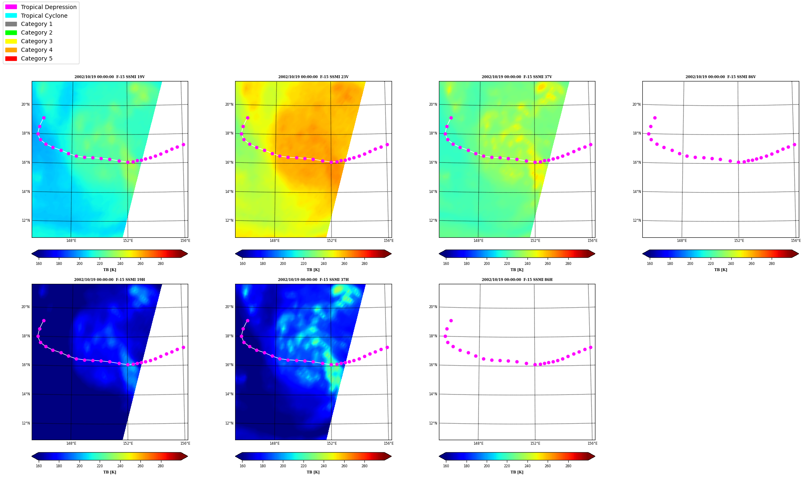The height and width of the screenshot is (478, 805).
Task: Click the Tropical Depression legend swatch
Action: pos(11,7)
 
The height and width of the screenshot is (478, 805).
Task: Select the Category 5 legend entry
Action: pos(29,58)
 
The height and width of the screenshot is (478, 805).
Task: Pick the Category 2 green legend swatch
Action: pos(11,32)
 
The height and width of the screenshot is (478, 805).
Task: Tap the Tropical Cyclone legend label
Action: pos(44,16)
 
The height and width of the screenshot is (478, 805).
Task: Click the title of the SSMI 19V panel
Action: pos(110,77)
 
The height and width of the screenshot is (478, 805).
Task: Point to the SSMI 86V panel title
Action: pos(721,77)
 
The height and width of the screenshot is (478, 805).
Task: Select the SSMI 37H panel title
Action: pos(313,280)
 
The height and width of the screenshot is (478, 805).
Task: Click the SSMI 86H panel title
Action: pos(517,280)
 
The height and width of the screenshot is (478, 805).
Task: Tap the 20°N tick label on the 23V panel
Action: pos(229,104)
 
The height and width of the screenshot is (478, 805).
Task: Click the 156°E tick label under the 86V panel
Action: pos(796,241)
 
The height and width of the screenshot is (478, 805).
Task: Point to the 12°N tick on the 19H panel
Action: pos(26,423)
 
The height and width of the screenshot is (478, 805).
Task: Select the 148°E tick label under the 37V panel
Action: pos(478,241)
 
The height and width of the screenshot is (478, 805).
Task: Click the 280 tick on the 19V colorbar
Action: pos(161,264)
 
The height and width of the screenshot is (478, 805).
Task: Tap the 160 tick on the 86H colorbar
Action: pos(446,466)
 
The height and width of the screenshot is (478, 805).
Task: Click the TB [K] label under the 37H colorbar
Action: pos(313,472)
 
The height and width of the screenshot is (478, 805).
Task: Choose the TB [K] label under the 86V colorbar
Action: pos(721,270)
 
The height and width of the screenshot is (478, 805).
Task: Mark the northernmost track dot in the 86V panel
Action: pos(655,118)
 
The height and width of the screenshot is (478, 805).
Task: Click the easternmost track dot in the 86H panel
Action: pos(590,347)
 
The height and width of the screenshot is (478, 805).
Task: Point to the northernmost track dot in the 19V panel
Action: pos(44,118)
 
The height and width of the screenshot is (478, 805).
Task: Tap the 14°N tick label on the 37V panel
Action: pos(433,192)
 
